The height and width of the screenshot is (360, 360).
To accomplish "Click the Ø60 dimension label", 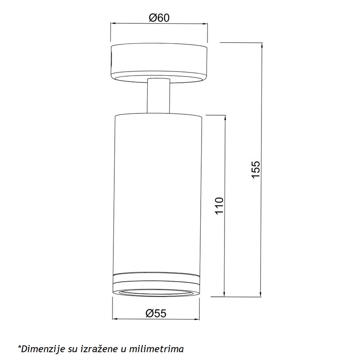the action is point(159,18).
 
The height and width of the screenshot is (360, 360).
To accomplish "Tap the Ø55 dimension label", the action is point(156,313).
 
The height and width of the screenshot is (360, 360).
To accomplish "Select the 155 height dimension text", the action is point(256,169).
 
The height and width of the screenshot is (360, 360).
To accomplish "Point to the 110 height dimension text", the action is point(219,206).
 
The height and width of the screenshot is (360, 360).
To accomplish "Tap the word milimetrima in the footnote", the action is point(156,349).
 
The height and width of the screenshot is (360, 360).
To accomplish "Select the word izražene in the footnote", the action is point(99,349).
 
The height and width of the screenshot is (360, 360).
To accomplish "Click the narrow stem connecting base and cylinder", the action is point(158,96).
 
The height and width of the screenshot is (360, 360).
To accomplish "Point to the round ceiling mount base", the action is point(159,63).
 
